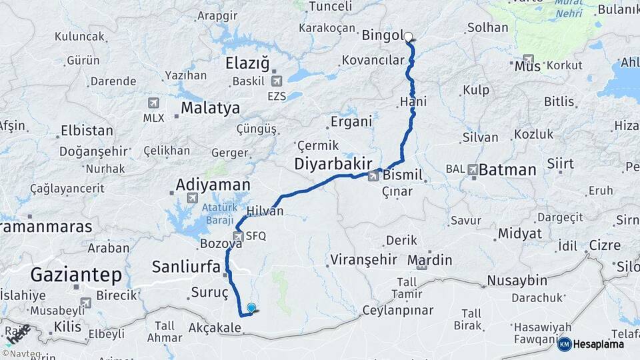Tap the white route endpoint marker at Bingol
point(409,37)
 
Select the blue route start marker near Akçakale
point(251,308)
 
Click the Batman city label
point(507,169)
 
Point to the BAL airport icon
point(473,169)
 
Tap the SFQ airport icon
point(238,236)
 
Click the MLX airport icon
point(153,103)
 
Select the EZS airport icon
point(277,81)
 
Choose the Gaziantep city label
point(76,274)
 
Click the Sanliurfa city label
point(186,267)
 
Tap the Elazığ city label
point(247,64)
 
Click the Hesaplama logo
point(591,344)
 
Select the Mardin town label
point(429,259)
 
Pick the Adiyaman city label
point(213,185)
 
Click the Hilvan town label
point(265,211)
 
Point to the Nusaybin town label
point(517,280)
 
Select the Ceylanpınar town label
point(397,310)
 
